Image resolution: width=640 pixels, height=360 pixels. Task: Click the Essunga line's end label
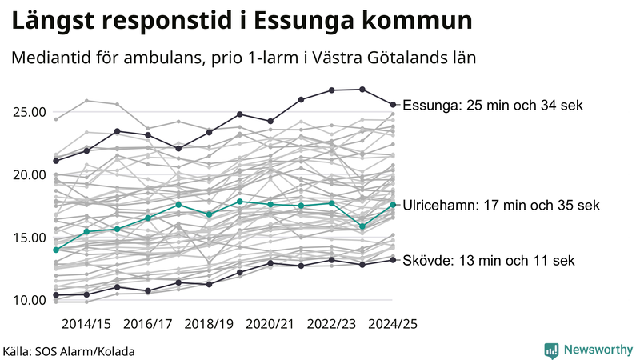pyautogui.click(x=494, y=105)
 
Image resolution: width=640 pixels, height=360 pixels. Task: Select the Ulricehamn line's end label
pyautogui.click(x=501, y=206)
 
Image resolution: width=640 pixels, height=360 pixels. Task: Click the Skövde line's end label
pyautogui.click(x=488, y=260)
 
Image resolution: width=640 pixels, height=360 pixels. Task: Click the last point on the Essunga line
pyautogui.click(x=393, y=104)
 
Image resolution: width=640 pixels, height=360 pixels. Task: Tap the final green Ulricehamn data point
pyautogui.click(x=393, y=205)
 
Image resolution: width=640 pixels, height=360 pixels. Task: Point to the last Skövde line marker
pyautogui.click(x=393, y=259)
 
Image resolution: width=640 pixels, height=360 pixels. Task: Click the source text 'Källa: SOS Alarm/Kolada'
pyautogui.click(x=69, y=351)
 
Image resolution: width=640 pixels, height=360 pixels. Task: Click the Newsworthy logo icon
pyautogui.click(x=551, y=350)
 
